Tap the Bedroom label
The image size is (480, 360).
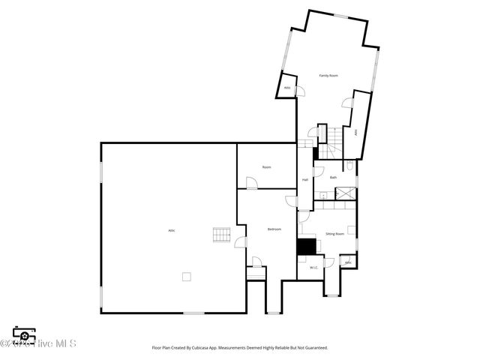[x=274, y=229]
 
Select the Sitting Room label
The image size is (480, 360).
[x=334, y=234]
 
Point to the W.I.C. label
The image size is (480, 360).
[x=313, y=267]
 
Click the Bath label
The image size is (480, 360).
[x=333, y=177]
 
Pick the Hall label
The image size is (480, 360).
[x=305, y=180]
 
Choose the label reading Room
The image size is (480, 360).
[x=266, y=167]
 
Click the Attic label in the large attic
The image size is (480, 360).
[x=172, y=229]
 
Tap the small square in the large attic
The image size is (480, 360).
[x=186, y=276]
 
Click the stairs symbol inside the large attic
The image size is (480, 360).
[x=220, y=235]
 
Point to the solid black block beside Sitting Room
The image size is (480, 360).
[x=306, y=247]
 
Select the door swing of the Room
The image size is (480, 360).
[x=252, y=182]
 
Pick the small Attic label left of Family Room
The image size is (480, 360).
[x=286, y=88]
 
